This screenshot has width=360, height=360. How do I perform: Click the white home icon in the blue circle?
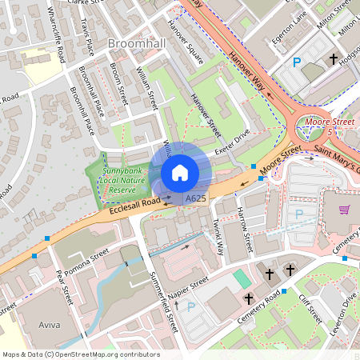tap(180, 173)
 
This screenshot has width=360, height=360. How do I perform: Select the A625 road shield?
tap(194, 198)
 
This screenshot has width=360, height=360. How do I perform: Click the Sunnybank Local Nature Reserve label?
tap(129, 177)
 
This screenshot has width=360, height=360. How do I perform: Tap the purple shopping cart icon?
tap(345, 210)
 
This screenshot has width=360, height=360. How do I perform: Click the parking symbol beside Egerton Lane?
tap(298, 62)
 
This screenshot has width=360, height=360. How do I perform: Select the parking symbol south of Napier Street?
tap(190, 306)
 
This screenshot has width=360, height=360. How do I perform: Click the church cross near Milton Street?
tap(334, 59)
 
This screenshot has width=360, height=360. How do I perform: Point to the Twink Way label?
tap(217, 235)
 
